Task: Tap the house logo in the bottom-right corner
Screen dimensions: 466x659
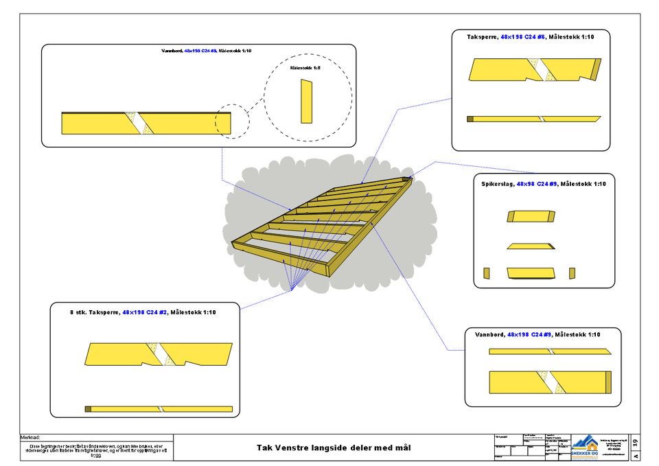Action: point(584,447)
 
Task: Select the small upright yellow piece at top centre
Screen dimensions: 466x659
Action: point(307,102)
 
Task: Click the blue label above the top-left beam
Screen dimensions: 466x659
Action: point(201,51)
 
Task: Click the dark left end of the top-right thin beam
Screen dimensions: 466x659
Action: point(470,119)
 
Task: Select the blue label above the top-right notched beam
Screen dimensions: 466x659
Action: point(523,36)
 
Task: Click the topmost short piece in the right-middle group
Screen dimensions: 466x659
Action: point(531,216)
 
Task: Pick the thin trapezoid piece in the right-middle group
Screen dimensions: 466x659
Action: point(530,246)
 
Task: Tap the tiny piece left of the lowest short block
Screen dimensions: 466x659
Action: point(486,273)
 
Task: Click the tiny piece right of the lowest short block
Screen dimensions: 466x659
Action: point(573,273)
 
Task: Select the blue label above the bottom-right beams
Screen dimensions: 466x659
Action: point(529,334)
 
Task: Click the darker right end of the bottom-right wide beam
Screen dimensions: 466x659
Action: point(609,382)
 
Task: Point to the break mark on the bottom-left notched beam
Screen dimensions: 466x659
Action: point(160,353)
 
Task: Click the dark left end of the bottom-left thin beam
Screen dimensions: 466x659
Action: point(88,409)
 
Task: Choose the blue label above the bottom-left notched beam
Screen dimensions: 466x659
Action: point(145,312)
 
